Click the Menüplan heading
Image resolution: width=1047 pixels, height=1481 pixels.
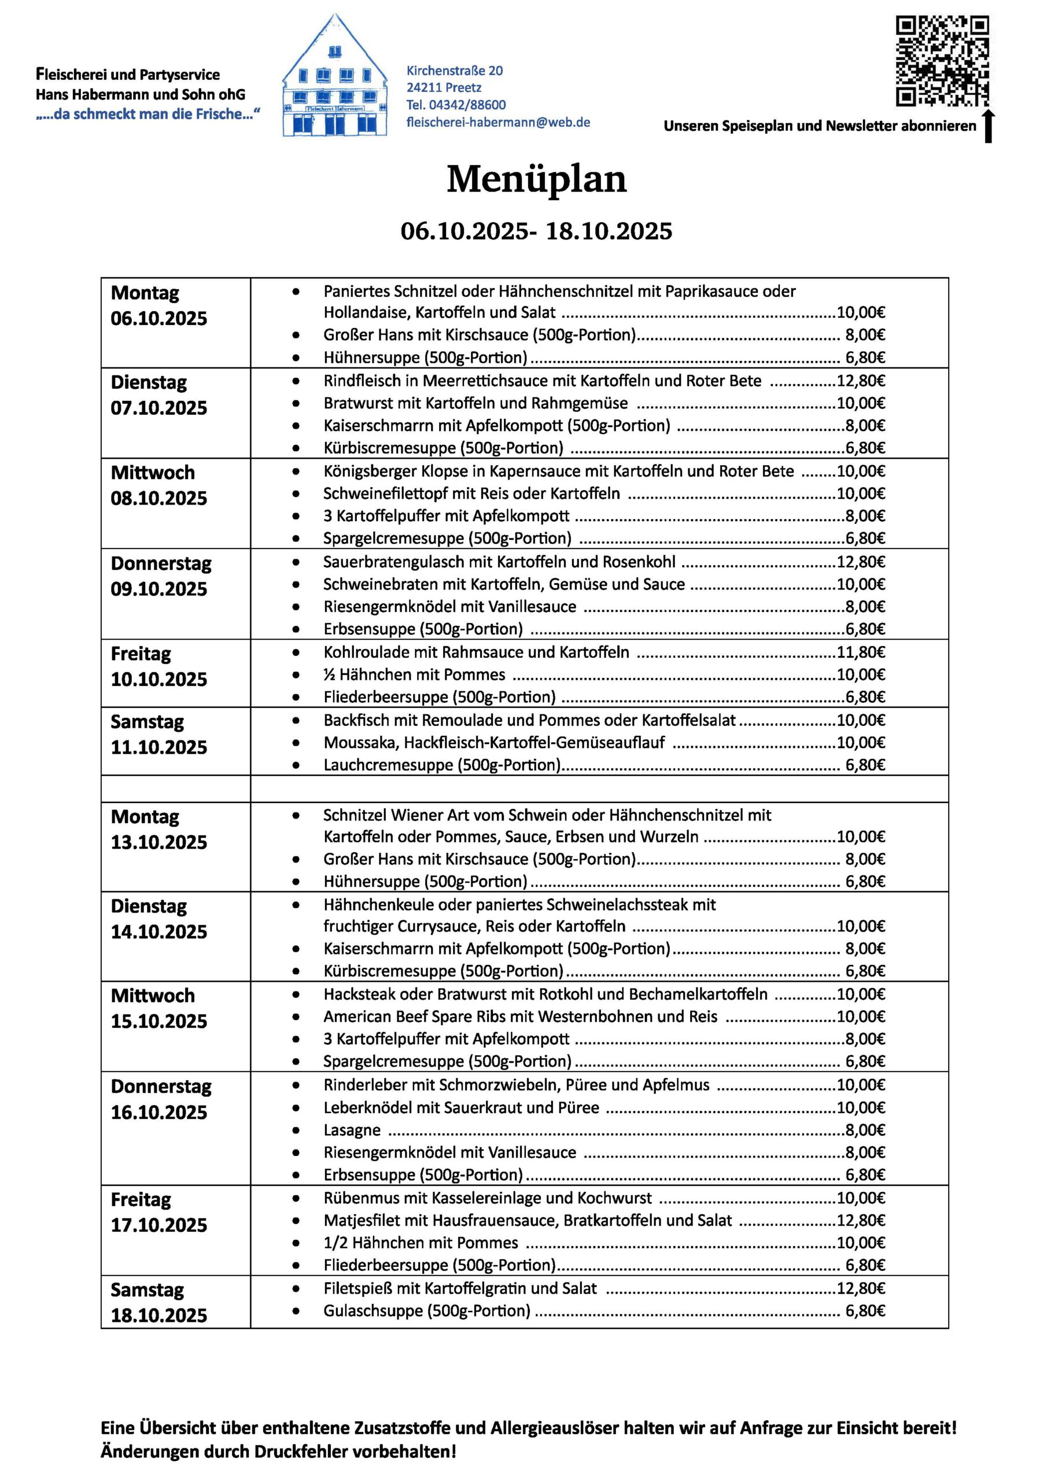click(x=536, y=179)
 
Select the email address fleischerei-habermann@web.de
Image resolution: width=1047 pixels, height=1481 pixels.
click(x=498, y=122)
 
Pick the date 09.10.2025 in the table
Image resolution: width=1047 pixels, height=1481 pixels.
click(x=158, y=589)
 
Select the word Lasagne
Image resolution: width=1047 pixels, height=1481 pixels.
click(x=352, y=1130)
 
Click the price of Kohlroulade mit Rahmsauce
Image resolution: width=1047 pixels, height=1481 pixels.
click(x=861, y=652)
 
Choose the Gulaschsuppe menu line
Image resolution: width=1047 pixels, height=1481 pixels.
click(x=426, y=1311)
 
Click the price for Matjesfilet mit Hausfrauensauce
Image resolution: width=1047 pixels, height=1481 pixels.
click(x=861, y=1221)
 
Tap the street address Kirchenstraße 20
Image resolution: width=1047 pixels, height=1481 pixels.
click(x=454, y=71)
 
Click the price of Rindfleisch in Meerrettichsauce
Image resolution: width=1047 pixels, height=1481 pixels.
click(x=861, y=381)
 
